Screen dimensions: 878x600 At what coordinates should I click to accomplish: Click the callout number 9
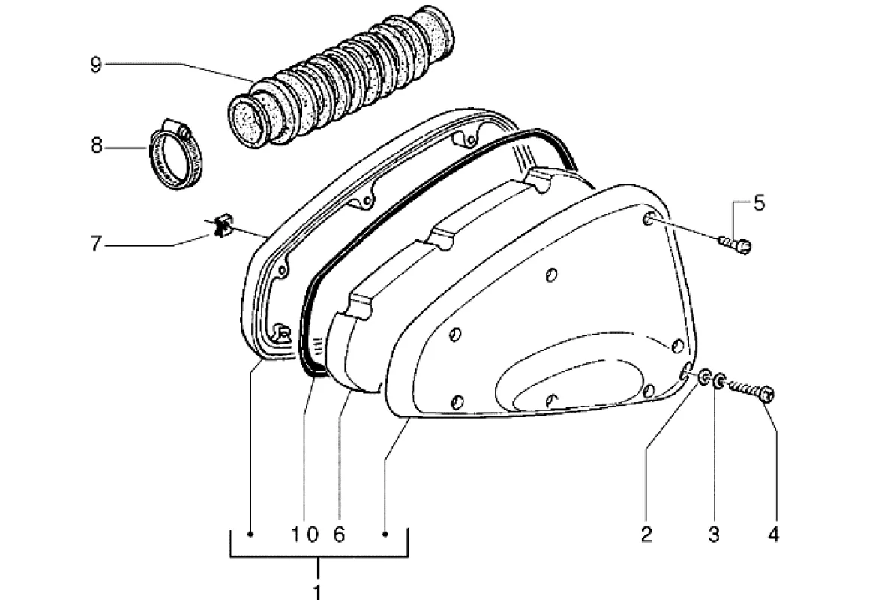coord(96,65)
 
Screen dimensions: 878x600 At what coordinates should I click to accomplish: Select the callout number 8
coord(96,146)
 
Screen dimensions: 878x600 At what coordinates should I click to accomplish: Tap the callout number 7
coord(96,244)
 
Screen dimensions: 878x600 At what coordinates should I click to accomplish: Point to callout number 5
coord(758,203)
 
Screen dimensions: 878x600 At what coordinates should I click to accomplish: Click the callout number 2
coord(647,535)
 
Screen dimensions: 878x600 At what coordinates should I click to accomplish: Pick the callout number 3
coord(713,535)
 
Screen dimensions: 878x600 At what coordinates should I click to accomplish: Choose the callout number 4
coord(773,535)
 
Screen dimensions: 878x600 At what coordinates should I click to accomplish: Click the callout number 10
coord(305,535)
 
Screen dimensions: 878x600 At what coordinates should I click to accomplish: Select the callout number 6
coord(340,535)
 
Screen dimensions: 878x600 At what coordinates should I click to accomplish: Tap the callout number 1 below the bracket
coord(317,592)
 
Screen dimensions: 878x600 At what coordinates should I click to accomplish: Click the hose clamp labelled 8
coord(175,154)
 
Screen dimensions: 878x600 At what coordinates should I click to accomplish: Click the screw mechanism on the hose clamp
coord(176,127)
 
